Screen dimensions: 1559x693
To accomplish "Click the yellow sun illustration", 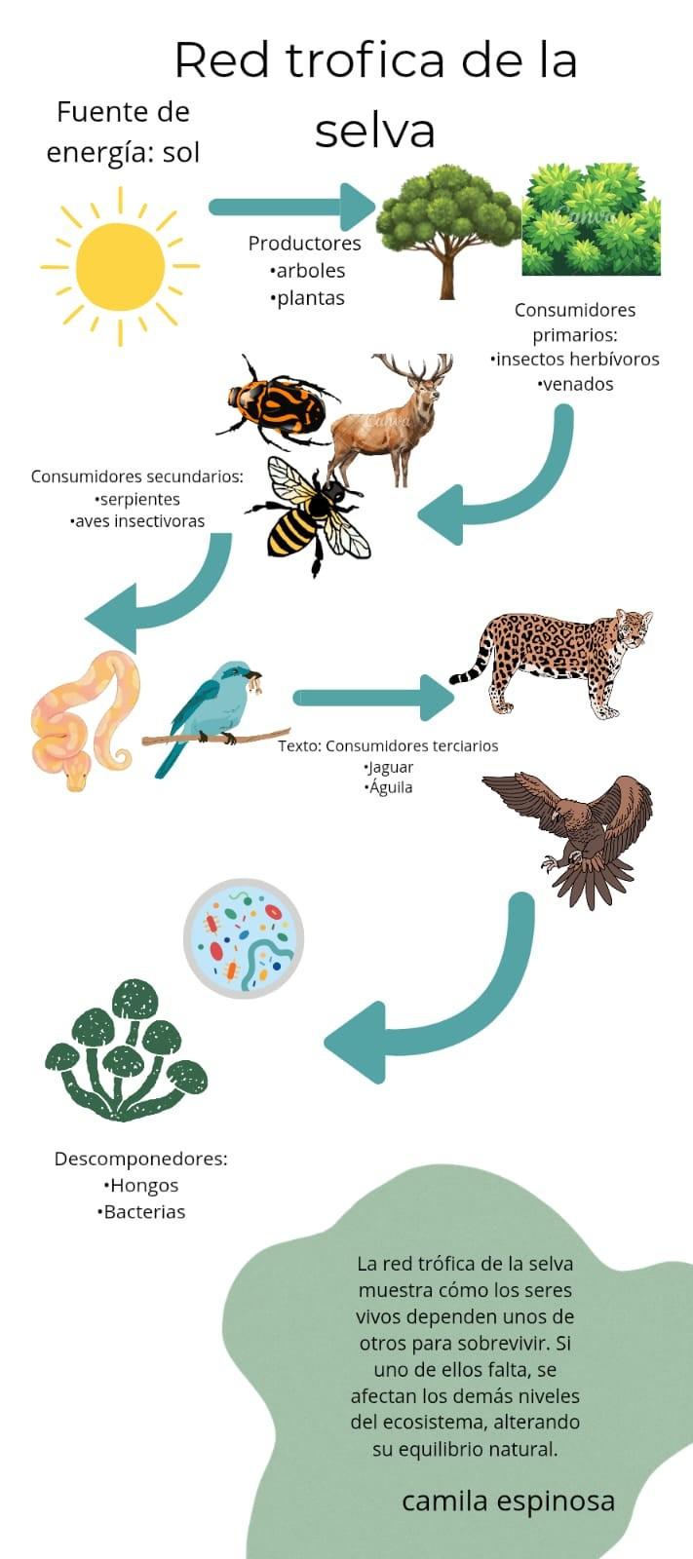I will coord(120,266).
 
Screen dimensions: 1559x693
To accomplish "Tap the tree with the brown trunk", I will coord(446,229).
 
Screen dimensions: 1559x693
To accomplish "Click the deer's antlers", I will coord(414,368).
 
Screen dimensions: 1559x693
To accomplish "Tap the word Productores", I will coord(304,243).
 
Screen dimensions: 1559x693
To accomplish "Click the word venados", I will coord(577,384).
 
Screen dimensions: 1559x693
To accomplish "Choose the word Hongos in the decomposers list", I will coord(144,1185).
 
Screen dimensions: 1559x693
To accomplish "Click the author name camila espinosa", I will coord(508,1501).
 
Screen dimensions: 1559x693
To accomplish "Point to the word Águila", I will coord(391,787).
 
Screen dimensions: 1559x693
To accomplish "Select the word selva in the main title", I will coord(374,132).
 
